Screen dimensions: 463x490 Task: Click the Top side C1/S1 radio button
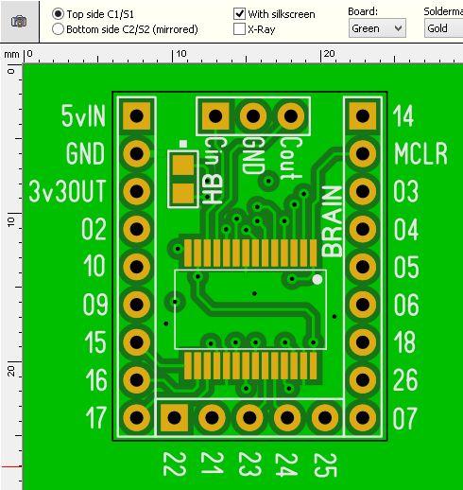point(58,14)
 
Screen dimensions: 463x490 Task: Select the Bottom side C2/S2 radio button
point(58,29)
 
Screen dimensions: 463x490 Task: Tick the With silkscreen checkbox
point(239,13)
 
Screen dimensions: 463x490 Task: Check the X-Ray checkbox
point(239,29)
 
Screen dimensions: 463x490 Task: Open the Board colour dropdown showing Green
point(377,28)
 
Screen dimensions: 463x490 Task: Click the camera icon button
point(19,22)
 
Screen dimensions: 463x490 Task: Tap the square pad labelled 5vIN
point(137,116)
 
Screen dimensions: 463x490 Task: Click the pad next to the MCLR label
point(363,154)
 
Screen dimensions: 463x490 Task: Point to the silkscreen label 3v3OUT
point(67,191)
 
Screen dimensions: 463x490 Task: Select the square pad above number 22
point(174,418)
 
